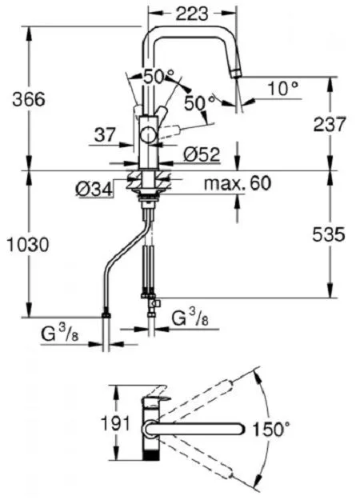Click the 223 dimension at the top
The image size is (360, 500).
(192, 14)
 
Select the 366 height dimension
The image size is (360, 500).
(29, 99)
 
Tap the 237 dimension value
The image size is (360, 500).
(329, 124)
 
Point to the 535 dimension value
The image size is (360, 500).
(329, 234)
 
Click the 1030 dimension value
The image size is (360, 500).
(28, 246)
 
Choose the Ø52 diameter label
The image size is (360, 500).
(202, 154)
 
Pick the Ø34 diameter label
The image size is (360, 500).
(94, 190)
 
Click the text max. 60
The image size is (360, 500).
(238, 183)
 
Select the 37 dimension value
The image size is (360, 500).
(105, 135)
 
